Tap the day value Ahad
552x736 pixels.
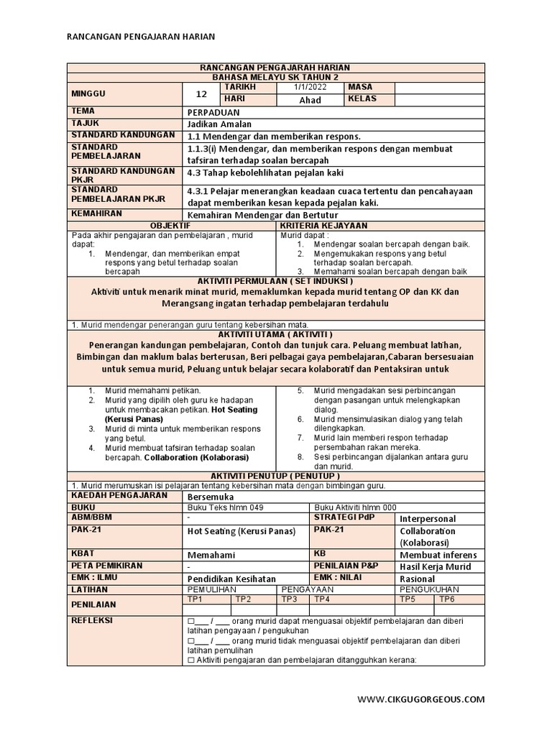310,100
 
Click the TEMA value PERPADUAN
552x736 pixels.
214,113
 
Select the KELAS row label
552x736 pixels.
362,99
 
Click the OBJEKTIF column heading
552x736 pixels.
172,225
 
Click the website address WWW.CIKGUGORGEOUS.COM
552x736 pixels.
421,699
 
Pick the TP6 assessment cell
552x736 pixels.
447,599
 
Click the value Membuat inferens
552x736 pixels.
438,555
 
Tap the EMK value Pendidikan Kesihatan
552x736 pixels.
231,578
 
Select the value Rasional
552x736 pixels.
419,578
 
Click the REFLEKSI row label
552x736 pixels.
93,620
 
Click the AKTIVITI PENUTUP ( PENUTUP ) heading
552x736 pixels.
275,476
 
